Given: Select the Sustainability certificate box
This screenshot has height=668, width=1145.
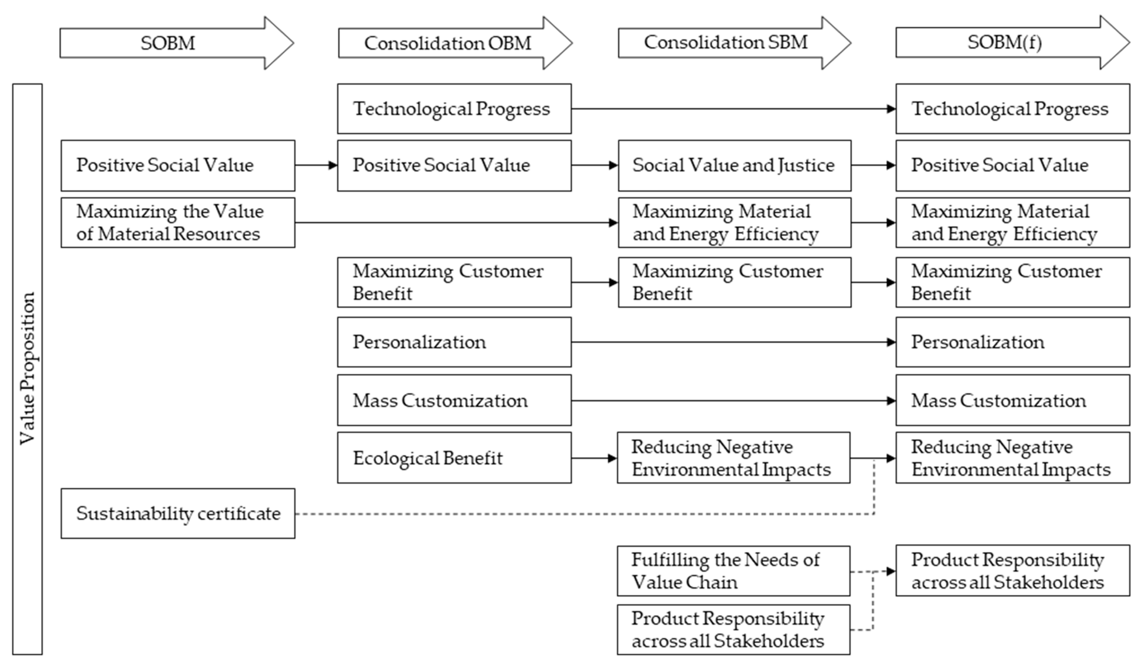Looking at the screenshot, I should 178,514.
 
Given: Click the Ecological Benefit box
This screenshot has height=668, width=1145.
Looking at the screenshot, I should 454,458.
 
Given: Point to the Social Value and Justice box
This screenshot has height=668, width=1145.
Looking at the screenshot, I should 734,165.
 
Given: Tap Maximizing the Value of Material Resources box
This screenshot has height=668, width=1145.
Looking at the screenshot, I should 178,223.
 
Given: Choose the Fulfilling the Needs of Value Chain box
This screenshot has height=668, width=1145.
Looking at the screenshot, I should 733,571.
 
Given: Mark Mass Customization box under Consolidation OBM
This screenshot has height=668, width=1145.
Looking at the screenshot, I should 454,400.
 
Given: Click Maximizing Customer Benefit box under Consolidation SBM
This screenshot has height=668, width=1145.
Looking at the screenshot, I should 734,282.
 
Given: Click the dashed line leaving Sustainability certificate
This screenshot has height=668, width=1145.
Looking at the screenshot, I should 545,514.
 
